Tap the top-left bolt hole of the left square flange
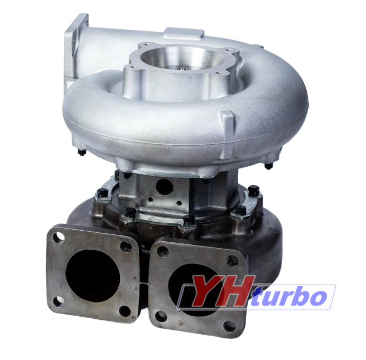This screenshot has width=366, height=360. click(58, 238)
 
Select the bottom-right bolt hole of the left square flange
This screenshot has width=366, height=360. click(125, 311)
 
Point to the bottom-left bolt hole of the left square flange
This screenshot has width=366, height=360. click(58, 302)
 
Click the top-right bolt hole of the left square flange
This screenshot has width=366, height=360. click(126, 247)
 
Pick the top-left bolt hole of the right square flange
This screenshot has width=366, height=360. click(163, 252)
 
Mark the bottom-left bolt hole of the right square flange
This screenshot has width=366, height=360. click(161, 317)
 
